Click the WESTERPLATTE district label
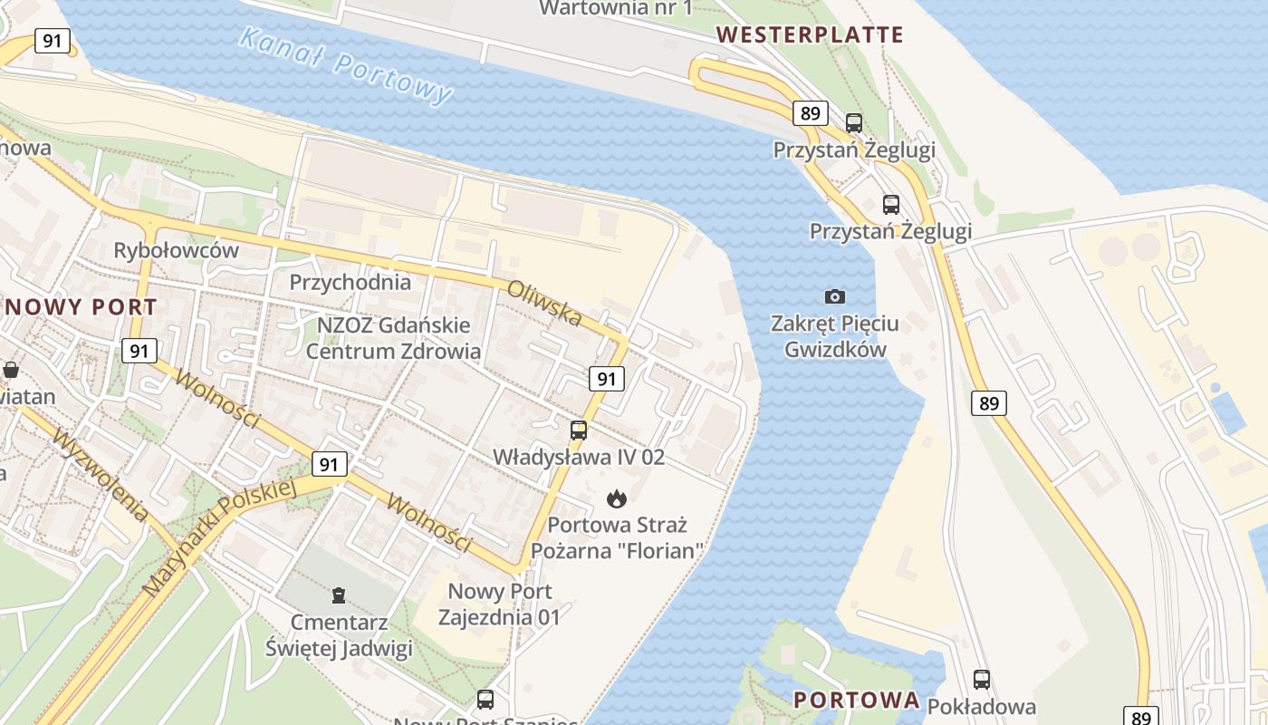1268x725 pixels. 810,35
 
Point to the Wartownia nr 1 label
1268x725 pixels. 616,8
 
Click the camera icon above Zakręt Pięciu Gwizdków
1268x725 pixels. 835,296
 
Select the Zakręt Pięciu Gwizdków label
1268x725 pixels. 835,336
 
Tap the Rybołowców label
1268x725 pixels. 177,250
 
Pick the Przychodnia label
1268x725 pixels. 350,282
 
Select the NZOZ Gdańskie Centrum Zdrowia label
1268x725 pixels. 393,338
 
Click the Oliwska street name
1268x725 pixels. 544,302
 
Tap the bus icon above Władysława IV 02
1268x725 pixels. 579,430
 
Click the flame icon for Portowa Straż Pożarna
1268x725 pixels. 617,498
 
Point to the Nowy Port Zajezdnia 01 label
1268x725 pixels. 500,604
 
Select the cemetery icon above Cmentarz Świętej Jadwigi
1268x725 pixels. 339,595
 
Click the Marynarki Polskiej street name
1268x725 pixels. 220,536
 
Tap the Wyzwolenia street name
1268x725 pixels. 101,474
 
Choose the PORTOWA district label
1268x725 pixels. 857,700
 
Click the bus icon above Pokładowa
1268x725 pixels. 982,679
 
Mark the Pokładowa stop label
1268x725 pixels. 982,707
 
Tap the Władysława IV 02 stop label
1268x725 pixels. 579,457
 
